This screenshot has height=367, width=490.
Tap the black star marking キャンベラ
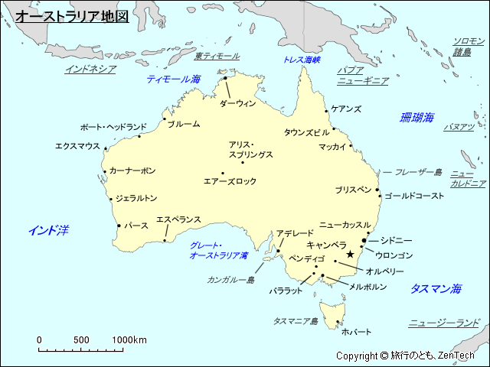point(351,254)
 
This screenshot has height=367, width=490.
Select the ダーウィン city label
point(237,103)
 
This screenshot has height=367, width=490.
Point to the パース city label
point(136,226)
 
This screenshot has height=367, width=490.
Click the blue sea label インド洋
point(48,230)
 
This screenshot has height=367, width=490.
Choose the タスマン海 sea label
point(436,288)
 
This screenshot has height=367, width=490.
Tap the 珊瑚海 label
point(416,118)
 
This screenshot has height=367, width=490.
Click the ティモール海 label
point(174,79)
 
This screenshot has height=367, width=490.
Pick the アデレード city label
point(295,233)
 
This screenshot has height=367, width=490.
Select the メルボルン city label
point(367,287)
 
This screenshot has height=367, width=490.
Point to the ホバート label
point(356,332)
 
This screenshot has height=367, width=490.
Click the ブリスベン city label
point(352,189)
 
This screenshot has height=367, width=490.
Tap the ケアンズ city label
point(346,109)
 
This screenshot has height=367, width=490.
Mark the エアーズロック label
point(230,182)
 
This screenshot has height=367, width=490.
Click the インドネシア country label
point(90,69)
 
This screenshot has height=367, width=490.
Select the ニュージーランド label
point(443,323)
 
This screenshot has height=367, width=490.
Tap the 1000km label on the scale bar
point(129,340)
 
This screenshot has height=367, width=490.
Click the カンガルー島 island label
point(230,280)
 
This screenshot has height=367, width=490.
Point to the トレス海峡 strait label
point(302,59)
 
